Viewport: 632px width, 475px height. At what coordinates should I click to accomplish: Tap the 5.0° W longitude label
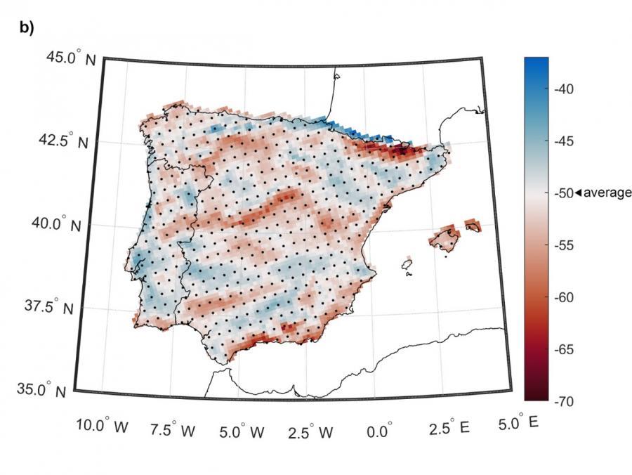(x=240, y=428)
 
